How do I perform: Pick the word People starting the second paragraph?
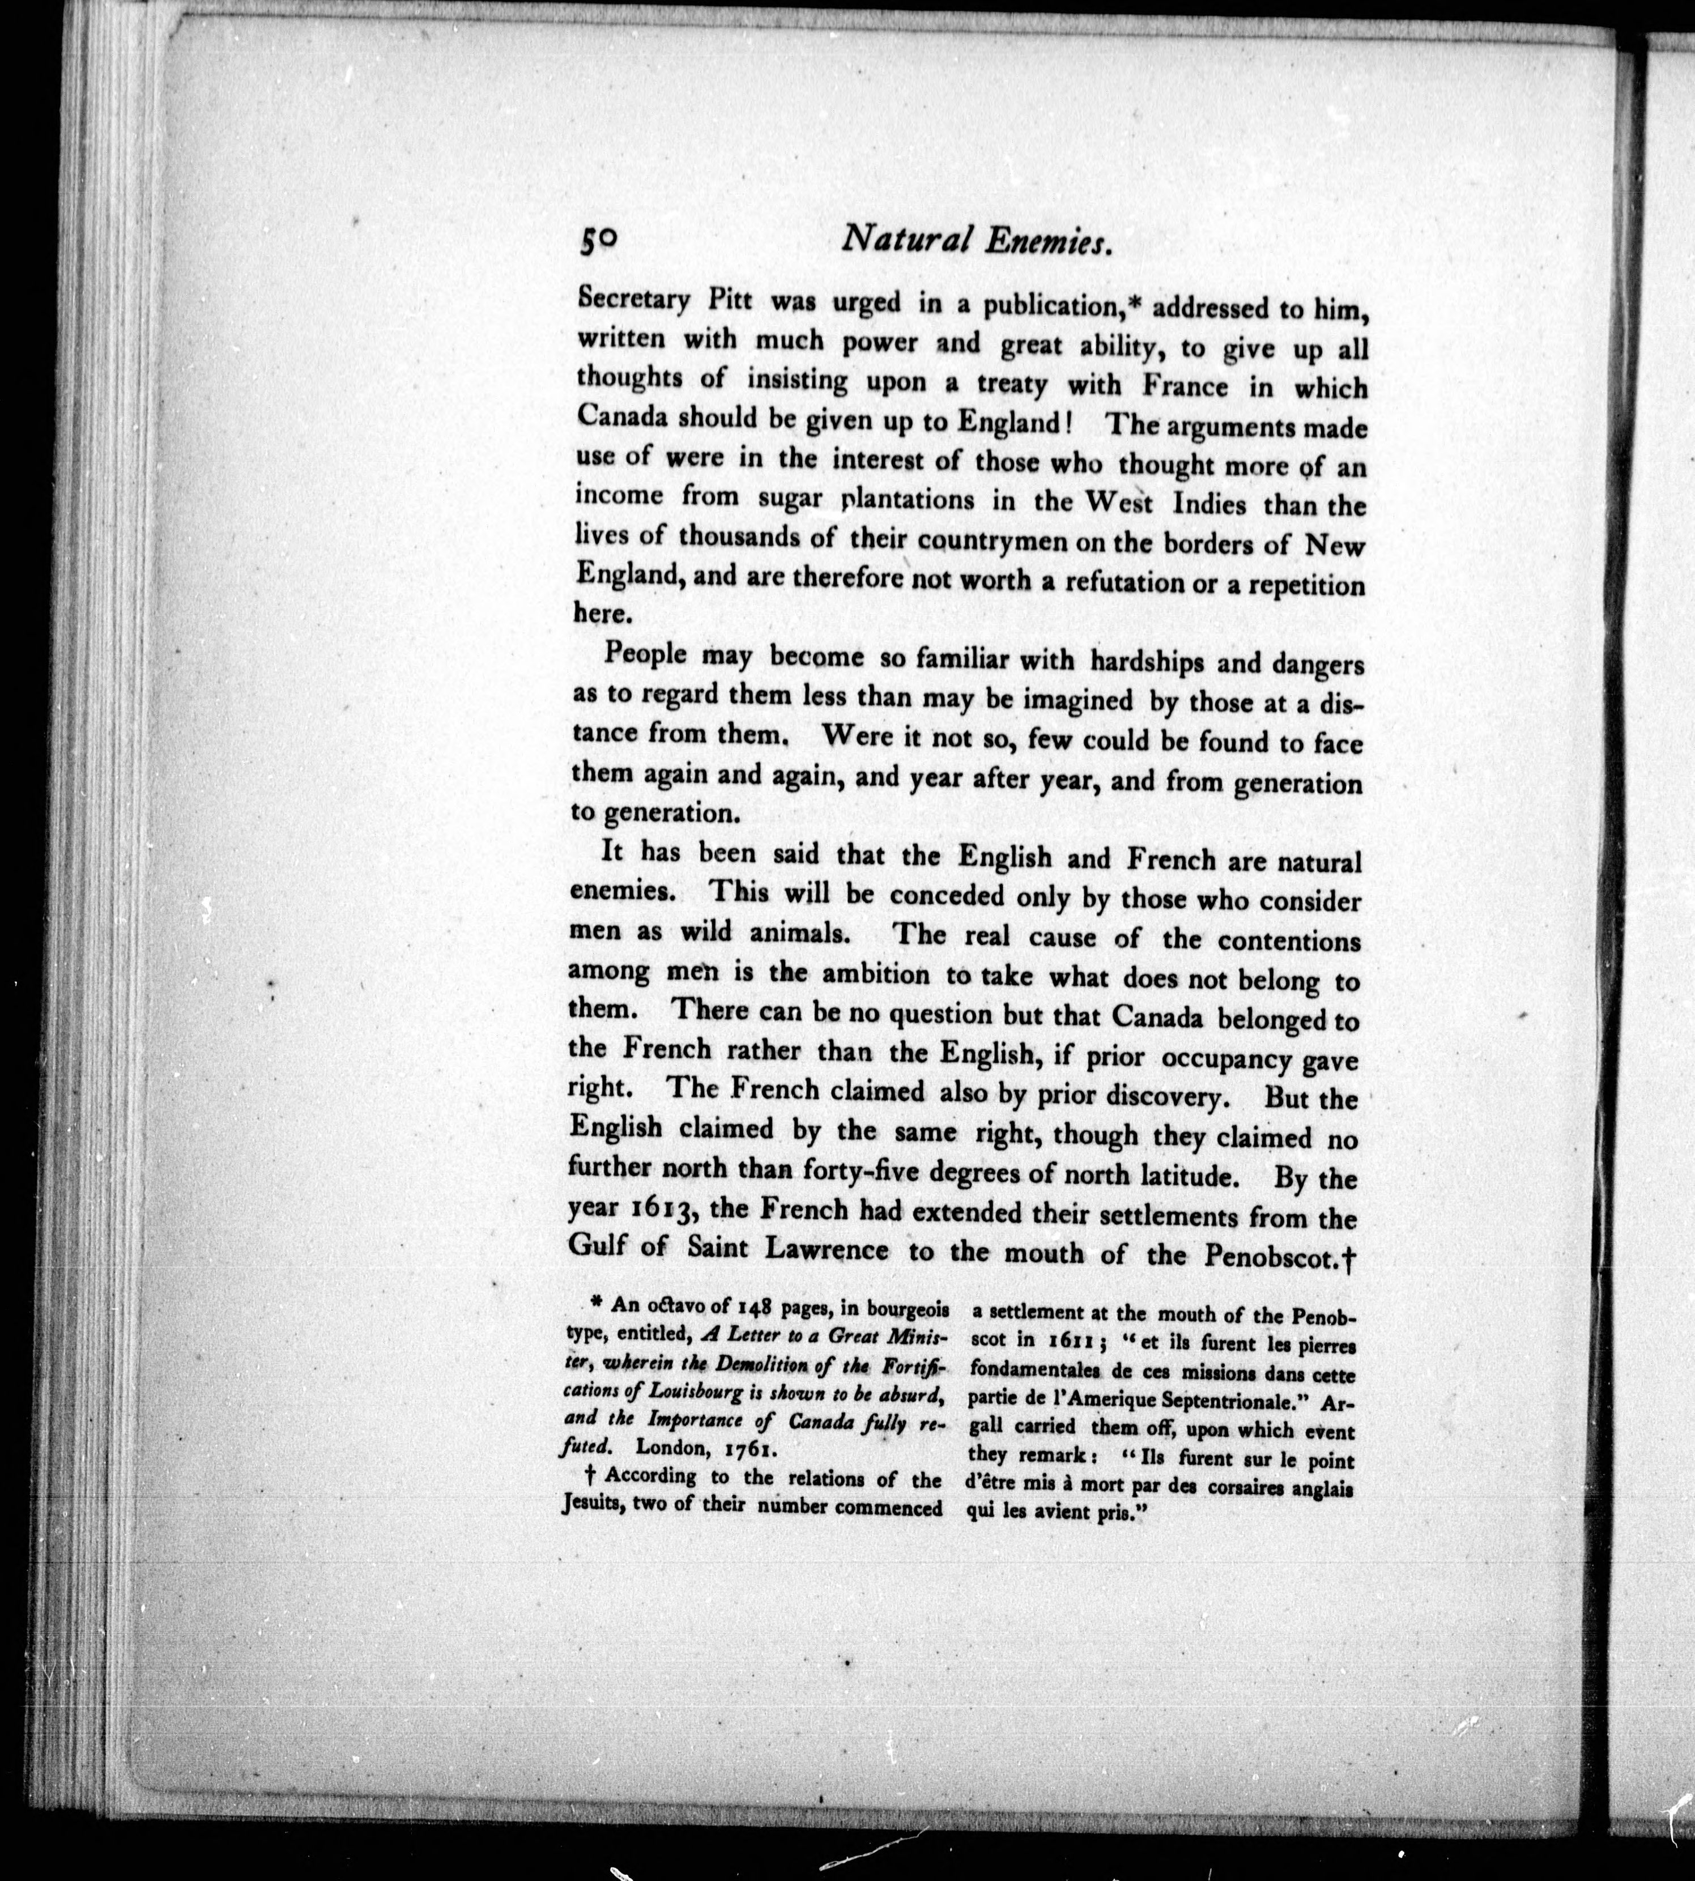645,654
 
